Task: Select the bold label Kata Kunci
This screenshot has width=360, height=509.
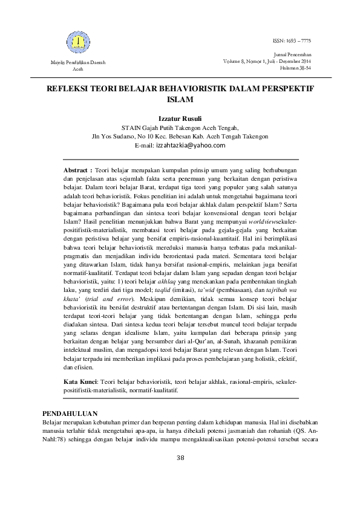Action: (x=80, y=383)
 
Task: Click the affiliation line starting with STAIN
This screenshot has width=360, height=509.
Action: (x=180, y=128)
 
